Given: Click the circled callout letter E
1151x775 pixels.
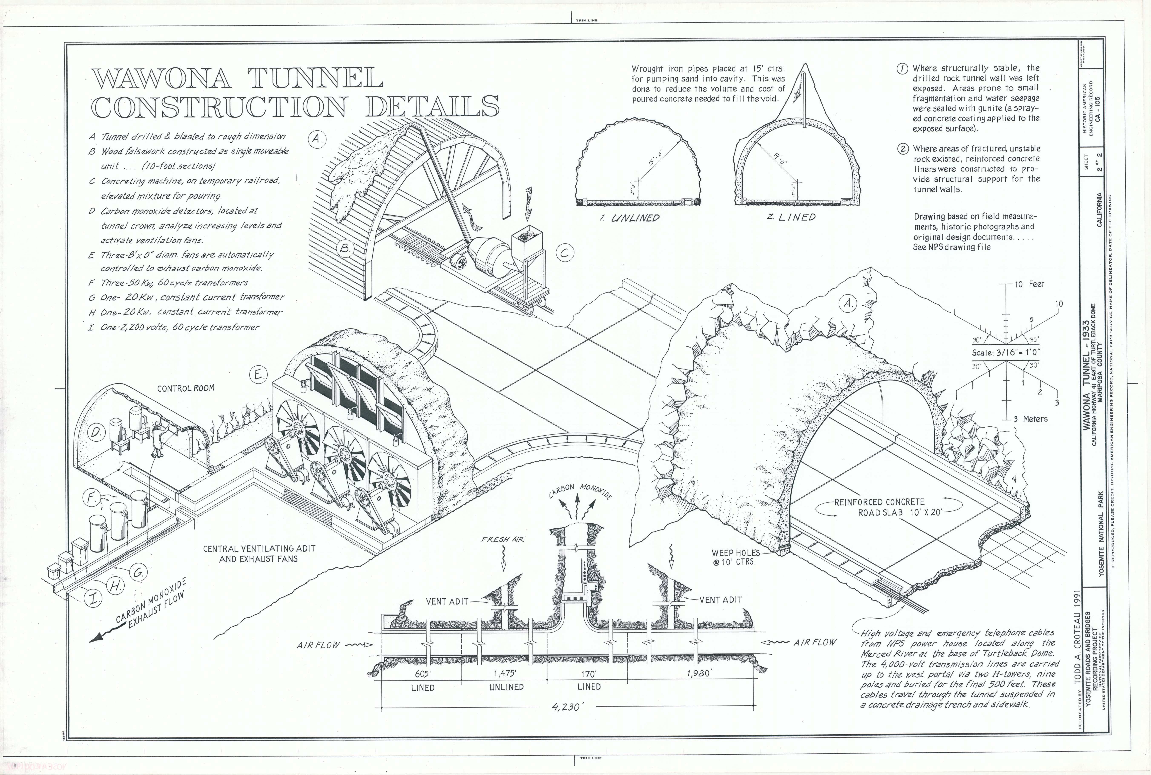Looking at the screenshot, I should coord(258,375).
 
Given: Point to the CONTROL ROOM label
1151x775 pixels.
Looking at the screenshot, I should coord(186,388).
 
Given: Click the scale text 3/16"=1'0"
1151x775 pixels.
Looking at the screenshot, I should coord(1006,353).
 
